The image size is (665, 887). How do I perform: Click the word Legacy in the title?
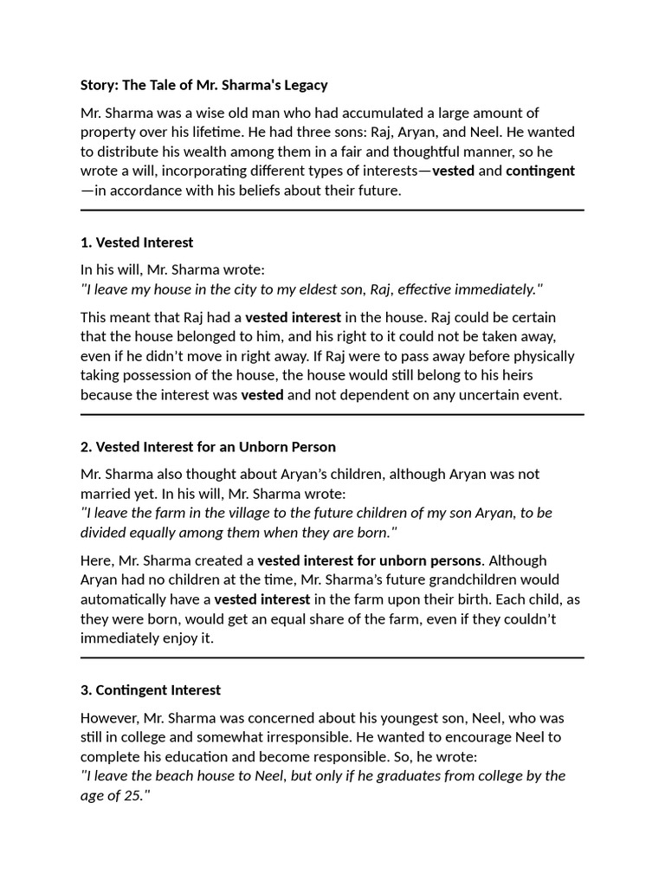pyautogui.click(x=302, y=85)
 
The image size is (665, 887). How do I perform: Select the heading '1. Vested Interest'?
pyautogui.click(x=137, y=243)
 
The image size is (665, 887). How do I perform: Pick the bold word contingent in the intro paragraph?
pyautogui.click(x=540, y=171)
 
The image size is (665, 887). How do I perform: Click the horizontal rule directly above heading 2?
pyautogui.click(x=332, y=415)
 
